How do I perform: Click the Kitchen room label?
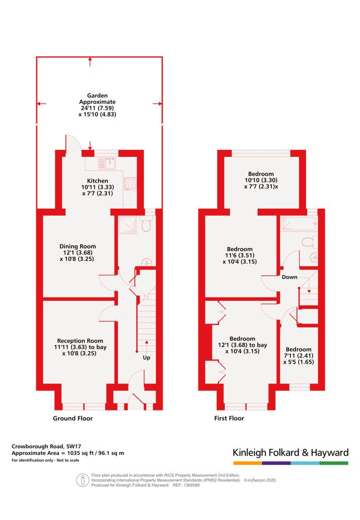[x=98, y=181]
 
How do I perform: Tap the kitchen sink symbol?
[x=107, y=163]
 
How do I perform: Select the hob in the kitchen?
[x=130, y=184]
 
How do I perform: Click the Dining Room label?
[x=78, y=246]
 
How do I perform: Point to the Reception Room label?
[x=80, y=341]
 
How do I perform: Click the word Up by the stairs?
[x=147, y=358]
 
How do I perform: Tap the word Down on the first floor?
[x=290, y=277]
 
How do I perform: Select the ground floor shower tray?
[x=127, y=225]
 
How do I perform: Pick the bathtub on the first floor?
[x=299, y=223]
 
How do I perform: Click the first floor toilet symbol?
[x=310, y=242]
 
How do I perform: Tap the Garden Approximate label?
[x=97, y=99]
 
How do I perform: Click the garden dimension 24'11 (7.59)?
[x=97, y=108]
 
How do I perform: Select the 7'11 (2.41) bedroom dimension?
[x=299, y=356]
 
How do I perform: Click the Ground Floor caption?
[x=73, y=418]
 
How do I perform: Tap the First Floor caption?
[x=229, y=418]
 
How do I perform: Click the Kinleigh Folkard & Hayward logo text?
[x=291, y=453]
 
